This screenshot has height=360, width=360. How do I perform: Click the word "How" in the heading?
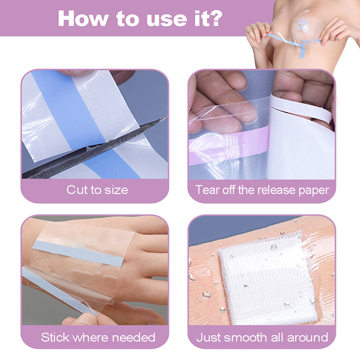point(83,18)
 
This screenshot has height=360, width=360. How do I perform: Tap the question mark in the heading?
point(216,18)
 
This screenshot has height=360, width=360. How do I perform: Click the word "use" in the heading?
point(166,20)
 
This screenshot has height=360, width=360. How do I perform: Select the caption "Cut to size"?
point(97,190)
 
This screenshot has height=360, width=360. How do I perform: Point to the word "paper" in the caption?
point(314,191)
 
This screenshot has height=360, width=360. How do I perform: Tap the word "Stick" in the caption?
point(55,337)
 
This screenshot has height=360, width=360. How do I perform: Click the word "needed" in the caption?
point(134,337)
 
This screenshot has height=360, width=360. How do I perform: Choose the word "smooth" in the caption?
point(246,337)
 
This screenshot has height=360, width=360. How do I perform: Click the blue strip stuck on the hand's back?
point(77,253)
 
